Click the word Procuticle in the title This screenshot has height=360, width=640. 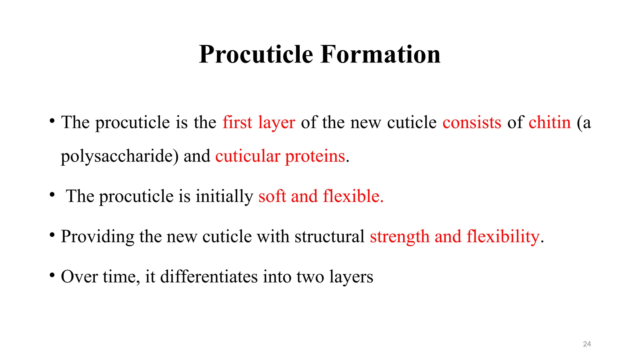click(256, 54)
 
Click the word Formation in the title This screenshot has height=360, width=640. click(380, 54)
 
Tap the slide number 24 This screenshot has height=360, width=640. click(587, 344)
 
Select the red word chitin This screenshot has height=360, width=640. click(549, 122)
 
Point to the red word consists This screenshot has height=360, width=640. click(472, 122)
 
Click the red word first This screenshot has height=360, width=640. click(237, 122)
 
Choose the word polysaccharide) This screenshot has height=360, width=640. click(119, 156)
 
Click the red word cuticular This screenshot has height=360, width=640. click(247, 156)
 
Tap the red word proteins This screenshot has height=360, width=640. click(315, 156)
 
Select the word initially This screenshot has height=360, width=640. click(224, 196)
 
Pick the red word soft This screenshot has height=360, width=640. click(272, 196)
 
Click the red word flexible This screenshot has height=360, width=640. click(353, 196)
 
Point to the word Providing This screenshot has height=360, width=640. click(97, 237)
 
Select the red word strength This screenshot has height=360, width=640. click(399, 237)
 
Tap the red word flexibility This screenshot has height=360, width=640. click(503, 237)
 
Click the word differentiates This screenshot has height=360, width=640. click(209, 277)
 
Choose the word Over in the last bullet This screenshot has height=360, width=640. click(79, 277)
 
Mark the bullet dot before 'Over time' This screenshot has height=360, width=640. click(52, 275)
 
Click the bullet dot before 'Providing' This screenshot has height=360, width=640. click(52, 235)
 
